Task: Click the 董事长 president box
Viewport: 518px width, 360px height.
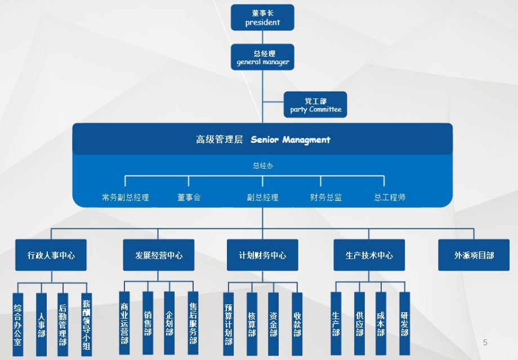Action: point(262,17)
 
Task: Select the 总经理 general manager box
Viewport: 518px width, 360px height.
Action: point(262,57)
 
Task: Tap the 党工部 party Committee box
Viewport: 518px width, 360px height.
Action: point(315,105)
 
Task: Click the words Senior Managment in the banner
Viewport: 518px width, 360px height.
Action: point(291,139)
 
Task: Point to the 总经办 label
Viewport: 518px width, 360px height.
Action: point(262,166)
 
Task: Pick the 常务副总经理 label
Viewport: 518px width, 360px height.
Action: point(126,197)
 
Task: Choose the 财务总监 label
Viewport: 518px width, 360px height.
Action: point(326,197)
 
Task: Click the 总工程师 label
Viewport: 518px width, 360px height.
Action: point(390,197)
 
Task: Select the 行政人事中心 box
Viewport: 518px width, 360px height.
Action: point(51,255)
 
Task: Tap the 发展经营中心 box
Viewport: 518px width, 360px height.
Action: point(159,255)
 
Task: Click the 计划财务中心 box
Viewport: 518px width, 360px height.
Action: point(262,255)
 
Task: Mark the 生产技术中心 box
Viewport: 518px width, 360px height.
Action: point(369,255)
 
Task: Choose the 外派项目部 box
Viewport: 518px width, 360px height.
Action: point(474,255)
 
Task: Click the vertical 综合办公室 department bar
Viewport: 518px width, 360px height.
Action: point(17,324)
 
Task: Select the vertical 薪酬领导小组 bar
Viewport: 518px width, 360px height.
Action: point(86,324)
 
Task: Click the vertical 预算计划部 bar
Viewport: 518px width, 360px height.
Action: point(229,324)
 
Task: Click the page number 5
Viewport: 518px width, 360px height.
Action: point(485,343)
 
